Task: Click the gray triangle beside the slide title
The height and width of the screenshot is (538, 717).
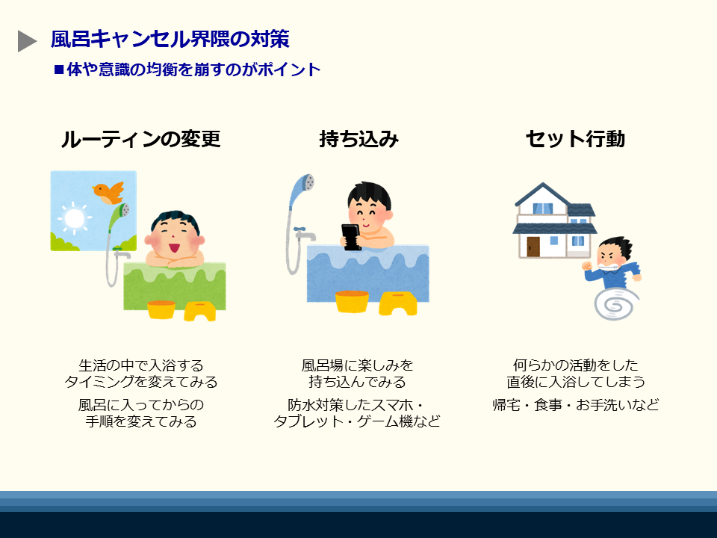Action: pos(26,41)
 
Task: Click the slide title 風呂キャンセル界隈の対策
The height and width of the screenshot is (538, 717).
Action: pos(170,40)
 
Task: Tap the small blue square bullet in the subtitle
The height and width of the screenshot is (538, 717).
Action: pos(58,69)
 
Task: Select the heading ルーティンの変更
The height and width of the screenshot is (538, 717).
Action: pos(141,139)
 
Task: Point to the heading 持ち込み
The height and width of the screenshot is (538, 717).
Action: pos(359,139)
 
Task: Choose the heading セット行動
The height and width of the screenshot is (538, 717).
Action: pos(575,139)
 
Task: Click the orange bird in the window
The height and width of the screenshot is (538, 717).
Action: pos(108,193)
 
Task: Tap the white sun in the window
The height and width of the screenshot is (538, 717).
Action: pos(75,218)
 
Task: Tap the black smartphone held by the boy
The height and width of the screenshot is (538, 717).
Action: pos(351,237)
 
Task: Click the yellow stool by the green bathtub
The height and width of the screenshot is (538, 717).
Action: pos(200,311)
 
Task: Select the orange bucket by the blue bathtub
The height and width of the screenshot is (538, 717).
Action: pos(352,302)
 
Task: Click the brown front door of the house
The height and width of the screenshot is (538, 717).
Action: pos(533,247)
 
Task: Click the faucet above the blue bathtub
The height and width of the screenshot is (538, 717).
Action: pos(305,234)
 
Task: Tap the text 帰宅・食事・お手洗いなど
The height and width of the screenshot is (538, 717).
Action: pos(576,405)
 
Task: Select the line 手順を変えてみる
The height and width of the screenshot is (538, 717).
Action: pos(141,421)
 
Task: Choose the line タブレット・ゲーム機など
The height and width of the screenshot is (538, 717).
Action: pos(357,421)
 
